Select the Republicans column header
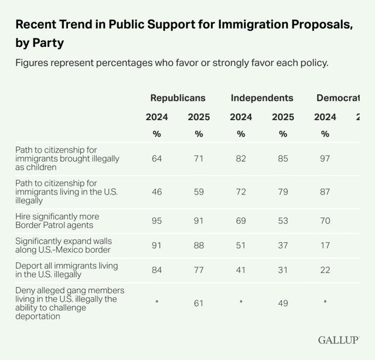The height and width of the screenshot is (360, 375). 178,98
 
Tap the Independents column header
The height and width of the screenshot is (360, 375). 262,98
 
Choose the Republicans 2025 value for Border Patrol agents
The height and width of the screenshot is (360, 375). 199,220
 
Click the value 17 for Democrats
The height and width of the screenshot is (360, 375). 325,246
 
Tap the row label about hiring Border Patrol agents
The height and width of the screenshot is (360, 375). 57,220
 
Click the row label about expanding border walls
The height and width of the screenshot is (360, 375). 63,246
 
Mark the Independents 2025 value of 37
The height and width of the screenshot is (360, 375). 283,246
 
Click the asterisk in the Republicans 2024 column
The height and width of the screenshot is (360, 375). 157,302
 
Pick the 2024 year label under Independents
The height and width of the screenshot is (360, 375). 241,117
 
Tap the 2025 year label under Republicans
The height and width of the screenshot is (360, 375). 199,117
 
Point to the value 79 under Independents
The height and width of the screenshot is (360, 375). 283,192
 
